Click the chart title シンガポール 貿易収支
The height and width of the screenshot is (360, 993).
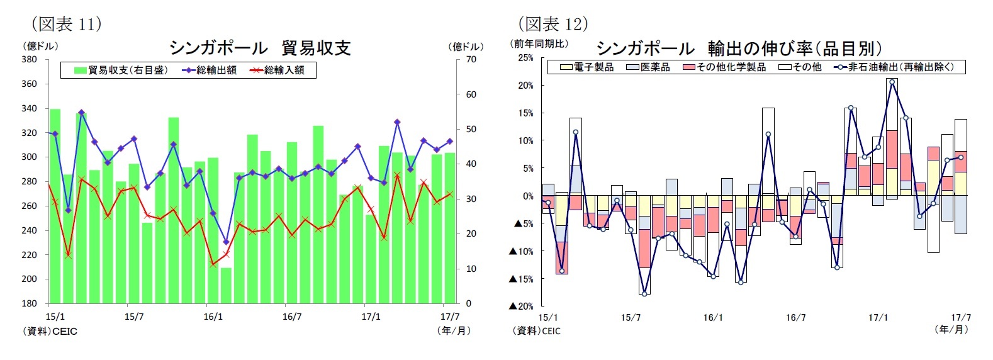tap(260, 48)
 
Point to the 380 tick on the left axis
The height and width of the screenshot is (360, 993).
tap(30, 60)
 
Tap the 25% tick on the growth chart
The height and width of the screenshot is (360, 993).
tap(525, 58)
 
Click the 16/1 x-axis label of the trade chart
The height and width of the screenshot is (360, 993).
tap(213, 317)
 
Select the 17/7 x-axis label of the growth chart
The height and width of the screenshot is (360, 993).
tap(960, 318)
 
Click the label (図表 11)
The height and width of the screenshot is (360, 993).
tap(66, 24)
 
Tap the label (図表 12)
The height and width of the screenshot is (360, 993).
tap(553, 24)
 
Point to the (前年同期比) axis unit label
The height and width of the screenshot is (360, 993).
tap(539, 43)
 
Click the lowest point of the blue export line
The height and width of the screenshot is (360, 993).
tap(226, 242)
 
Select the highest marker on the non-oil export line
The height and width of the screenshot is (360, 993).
tap(892, 82)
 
